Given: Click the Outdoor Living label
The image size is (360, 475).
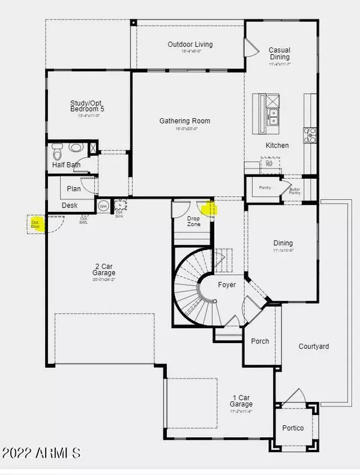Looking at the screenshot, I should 190,44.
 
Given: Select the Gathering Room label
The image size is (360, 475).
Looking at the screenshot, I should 185,121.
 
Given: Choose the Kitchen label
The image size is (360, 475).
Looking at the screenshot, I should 277,145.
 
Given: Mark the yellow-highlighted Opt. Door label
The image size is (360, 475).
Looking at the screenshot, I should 35,224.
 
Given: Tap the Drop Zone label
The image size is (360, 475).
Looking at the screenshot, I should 194,220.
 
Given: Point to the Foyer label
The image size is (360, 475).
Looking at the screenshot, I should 227,285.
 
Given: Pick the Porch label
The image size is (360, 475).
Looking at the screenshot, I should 260,341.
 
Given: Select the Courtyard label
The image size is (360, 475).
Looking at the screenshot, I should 313,347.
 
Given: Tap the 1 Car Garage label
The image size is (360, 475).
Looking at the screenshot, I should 241,398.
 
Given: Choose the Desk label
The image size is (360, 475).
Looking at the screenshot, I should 70,206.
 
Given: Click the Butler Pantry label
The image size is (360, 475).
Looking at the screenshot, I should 295,191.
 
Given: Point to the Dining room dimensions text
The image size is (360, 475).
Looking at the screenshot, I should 283,251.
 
